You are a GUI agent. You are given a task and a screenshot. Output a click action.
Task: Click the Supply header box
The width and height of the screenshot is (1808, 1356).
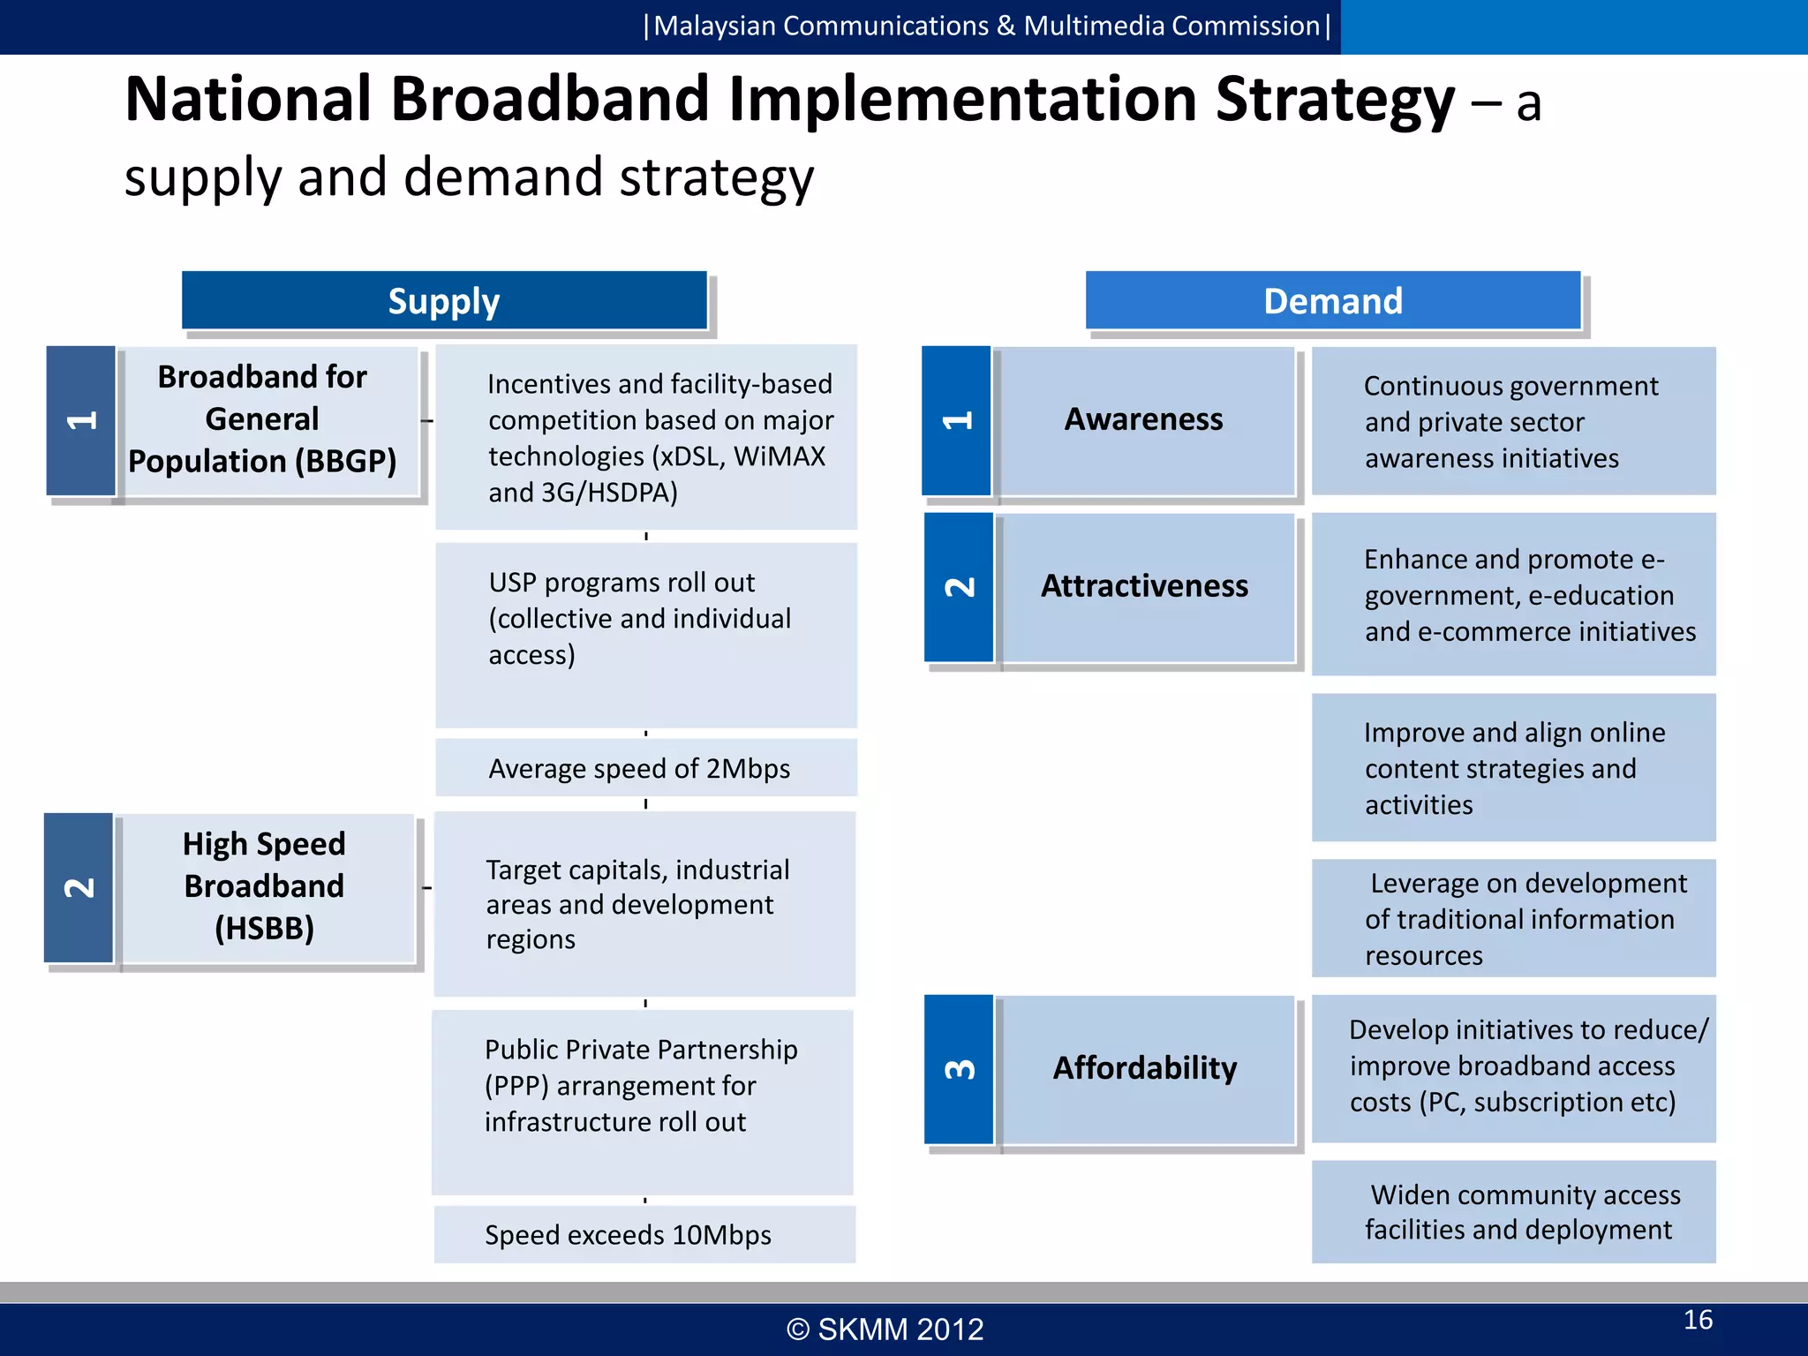(x=444, y=301)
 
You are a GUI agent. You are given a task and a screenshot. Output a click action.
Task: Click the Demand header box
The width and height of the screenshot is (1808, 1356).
(x=1332, y=301)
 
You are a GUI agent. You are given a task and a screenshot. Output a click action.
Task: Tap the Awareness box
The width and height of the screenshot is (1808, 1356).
(x=1144, y=420)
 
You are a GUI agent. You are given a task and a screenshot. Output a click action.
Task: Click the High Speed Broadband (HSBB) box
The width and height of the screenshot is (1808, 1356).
(x=265, y=887)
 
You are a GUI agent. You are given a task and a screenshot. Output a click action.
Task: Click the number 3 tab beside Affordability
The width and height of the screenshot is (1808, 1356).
(x=959, y=1069)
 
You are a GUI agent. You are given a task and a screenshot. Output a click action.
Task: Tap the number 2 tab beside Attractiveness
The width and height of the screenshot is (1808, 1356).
(x=959, y=587)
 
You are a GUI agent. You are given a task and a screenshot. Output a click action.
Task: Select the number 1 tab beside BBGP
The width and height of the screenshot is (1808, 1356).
(x=80, y=420)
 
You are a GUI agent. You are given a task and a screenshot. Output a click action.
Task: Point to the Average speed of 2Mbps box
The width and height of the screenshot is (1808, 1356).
(x=645, y=768)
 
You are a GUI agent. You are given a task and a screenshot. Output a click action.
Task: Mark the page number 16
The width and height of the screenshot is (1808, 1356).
(x=1698, y=1320)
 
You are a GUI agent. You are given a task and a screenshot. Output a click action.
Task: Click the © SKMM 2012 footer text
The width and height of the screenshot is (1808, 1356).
(x=885, y=1330)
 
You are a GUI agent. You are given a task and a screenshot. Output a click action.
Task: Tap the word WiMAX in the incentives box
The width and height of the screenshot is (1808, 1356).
(x=779, y=456)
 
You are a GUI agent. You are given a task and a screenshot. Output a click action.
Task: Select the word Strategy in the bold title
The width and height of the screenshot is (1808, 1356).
(x=1334, y=101)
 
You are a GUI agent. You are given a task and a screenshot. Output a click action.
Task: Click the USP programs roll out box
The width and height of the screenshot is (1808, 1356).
(x=645, y=635)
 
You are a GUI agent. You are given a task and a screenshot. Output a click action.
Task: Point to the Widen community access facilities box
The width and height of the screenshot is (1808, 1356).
(x=1513, y=1211)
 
